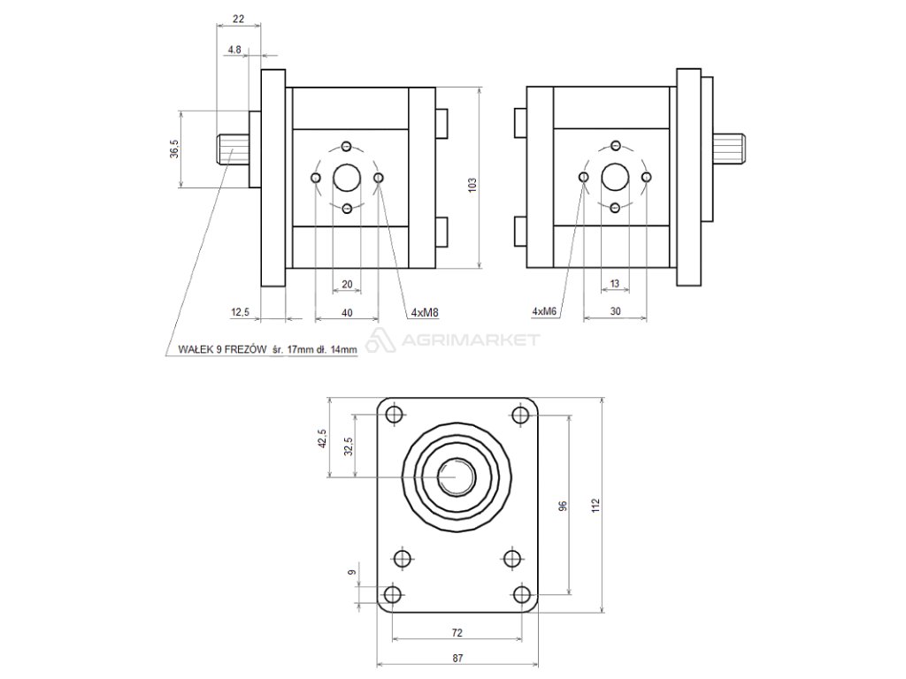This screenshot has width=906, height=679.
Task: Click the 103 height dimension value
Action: coord(472,184)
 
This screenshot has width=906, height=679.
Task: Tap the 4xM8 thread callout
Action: coord(425,313)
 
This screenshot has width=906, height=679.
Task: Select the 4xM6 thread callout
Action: coord(544,311)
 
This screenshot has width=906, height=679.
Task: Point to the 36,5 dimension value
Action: coord(174,149)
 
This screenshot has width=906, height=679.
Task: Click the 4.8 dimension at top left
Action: coord(234,50)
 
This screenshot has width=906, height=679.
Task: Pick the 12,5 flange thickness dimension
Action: coord(240,312)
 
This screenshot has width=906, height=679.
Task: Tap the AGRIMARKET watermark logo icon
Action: coord(380,339)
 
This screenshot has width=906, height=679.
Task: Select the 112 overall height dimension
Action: coord(596,505)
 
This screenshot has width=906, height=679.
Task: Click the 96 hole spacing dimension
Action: coord(564,505)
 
